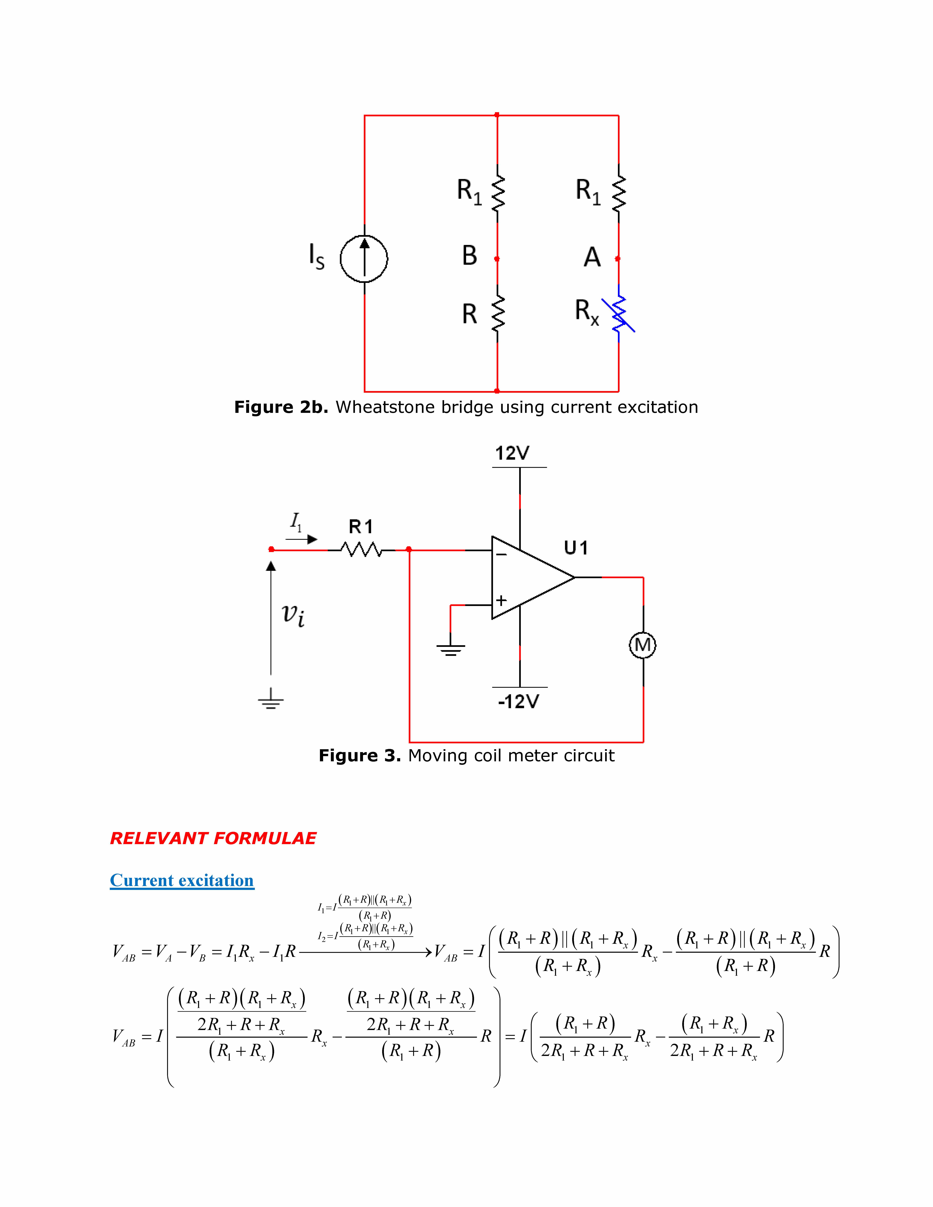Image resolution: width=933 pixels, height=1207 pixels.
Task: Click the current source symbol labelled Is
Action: [364, 258]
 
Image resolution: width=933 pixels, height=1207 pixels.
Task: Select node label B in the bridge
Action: [469, 256]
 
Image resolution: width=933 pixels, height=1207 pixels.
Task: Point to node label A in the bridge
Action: [592, 257]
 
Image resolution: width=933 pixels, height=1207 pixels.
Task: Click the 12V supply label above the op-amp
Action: [512, 453]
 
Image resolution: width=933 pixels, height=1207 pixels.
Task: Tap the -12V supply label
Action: [518, 702]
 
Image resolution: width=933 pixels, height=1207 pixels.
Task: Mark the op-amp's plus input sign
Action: [501, 600]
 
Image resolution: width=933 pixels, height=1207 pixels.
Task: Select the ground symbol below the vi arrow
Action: [271, 700]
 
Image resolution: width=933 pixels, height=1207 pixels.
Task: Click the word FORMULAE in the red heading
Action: [265, 838]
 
